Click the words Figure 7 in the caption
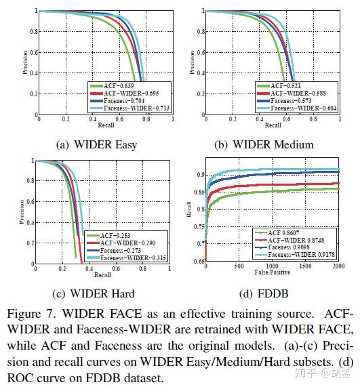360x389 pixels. point(31,315)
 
